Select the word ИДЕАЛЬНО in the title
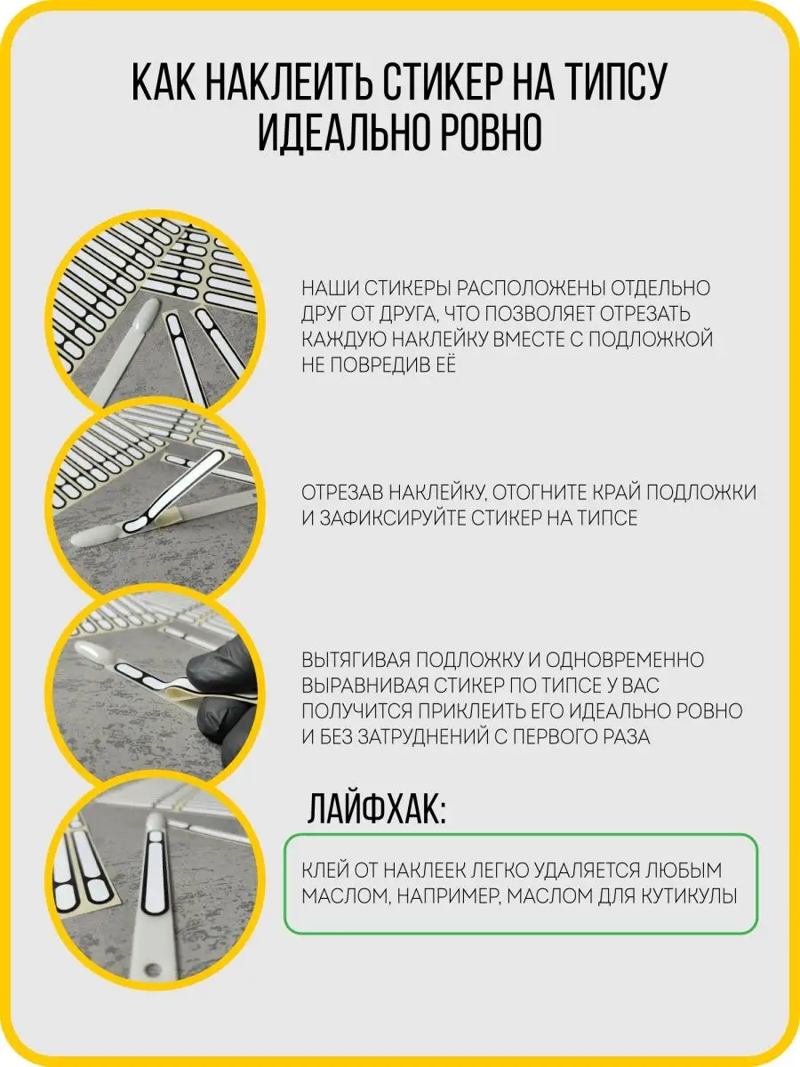tap(342, 132)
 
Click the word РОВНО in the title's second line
tap(491, 132)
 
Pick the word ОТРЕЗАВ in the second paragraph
tap(342, 492)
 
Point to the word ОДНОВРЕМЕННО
tap(625, 660)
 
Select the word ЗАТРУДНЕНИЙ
tap(421, 736)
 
